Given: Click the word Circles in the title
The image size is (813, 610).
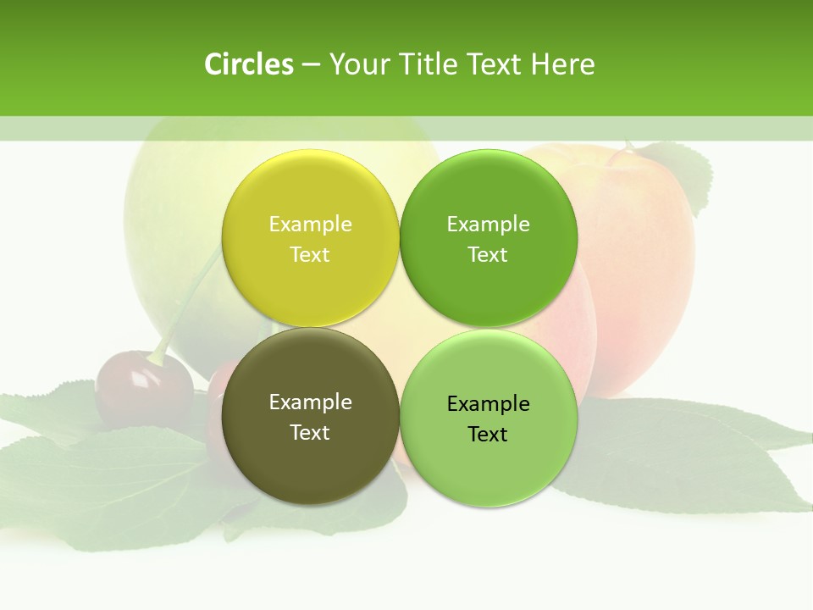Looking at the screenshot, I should tap(248, 64).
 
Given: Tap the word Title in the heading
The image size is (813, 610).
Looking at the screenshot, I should tap(428, 64).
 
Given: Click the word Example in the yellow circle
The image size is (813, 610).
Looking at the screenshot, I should tap(310, 225).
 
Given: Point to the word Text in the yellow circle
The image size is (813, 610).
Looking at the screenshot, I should tap(310, 255).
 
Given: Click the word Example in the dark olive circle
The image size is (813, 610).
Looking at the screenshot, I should tap(310, 402).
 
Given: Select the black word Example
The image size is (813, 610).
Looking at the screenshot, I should tap(488, 404).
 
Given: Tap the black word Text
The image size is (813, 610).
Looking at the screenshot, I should tap(488, 435).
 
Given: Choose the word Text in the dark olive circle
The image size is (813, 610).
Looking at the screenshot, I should tap(310, 433).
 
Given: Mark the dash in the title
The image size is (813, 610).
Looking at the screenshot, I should tap(311, 64).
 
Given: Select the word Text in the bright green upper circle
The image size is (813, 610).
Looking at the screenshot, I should tap(488, 255).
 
